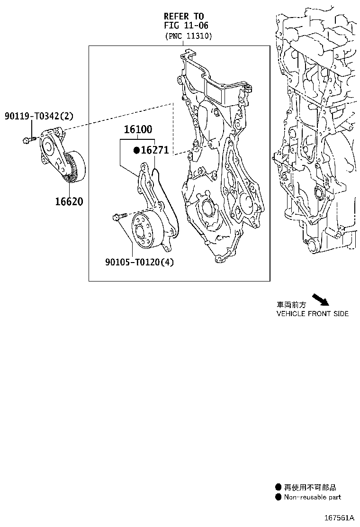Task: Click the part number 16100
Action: coord(138,129)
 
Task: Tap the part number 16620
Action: coord(69,201)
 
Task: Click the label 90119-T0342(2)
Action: coord(39,116)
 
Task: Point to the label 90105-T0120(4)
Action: coord(139,262)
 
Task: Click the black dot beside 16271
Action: coord(136,150)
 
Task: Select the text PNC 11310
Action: coord(189,36)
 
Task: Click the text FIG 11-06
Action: coord(186,26)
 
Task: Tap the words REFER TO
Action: coord(184,16)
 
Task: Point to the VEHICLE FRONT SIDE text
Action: coord(312,314)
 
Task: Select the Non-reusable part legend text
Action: coord(312,497)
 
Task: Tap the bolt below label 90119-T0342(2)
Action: coord(28,139)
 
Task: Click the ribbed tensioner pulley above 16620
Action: coord(74,169)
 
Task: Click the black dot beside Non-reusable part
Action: coord(279,497)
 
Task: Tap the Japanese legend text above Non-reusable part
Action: coord(310,487)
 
